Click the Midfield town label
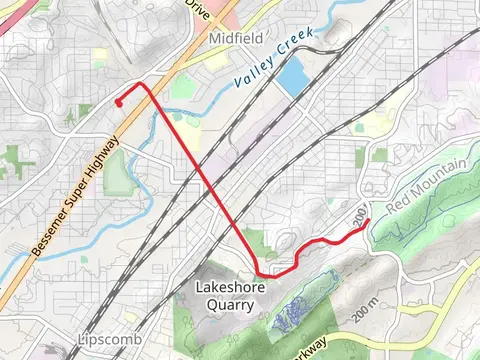[x=235, y=38]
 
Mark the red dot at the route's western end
[x=118, y=102]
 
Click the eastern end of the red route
[x=369, y=220]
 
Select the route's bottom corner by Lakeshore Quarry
[x=259, y=271]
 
